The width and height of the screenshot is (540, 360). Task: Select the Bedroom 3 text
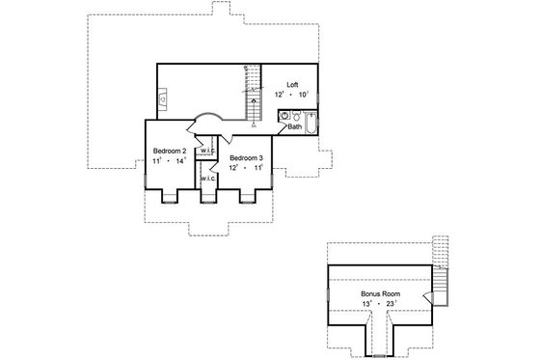pos(246,156)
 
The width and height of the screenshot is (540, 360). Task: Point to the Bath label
pos(294,126)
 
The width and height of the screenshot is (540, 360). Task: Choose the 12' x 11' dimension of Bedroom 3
pos(246,168)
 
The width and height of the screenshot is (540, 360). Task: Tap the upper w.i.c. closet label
pos(206,152)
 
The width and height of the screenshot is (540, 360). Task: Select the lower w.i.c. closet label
pos(206,180)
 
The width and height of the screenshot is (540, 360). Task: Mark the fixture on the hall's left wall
pos(163,97)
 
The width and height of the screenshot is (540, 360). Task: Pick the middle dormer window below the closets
pos(207,199)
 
